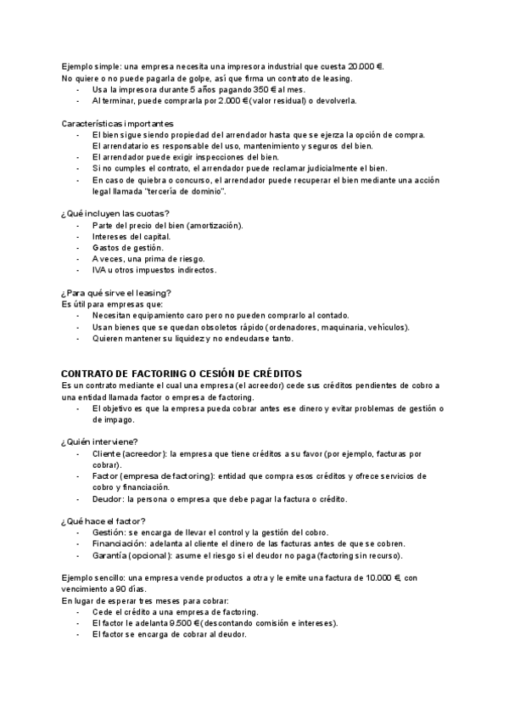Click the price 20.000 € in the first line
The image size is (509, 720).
[364, 66]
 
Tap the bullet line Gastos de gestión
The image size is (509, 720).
[127, 247]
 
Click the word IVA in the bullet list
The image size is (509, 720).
[99, 270]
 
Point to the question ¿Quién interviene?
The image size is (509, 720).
[100, 441]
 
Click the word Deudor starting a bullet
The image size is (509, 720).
[106, 498]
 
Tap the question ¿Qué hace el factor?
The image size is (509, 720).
[103, 520]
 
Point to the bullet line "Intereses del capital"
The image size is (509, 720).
[131, 236]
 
